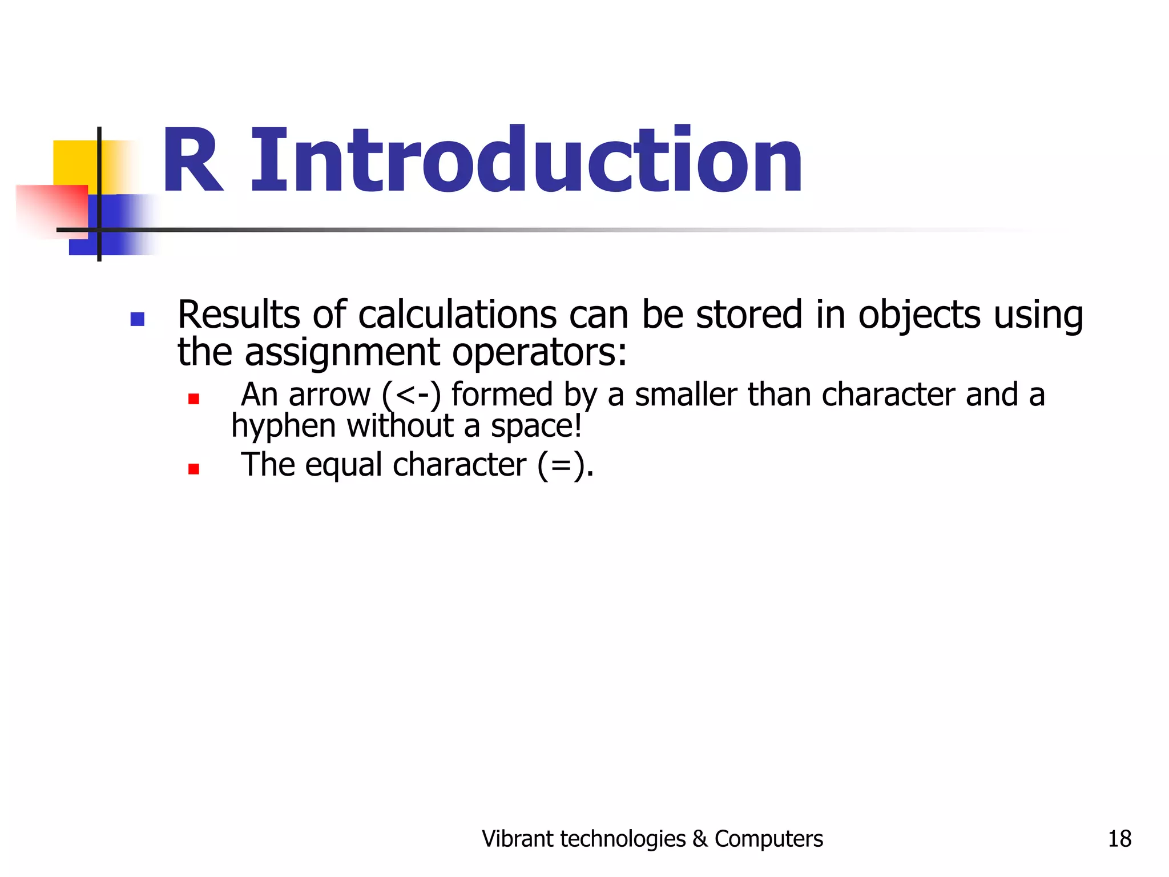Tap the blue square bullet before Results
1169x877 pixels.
tap(137, 319)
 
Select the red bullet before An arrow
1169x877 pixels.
tap(194, 399)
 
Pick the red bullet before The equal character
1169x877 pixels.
tap(194, 469)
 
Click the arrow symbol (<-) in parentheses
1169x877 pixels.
tap(412, 395)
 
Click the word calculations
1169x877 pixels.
tap(457, 315)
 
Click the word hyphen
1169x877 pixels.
tap(283, 427)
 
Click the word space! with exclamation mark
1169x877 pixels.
tap(536, 427)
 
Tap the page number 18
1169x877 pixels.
tap(1119, 839)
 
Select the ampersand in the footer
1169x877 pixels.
tap(699, 839)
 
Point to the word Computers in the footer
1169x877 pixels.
tap(768, 839)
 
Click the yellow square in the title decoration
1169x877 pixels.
tap(74, 163)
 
